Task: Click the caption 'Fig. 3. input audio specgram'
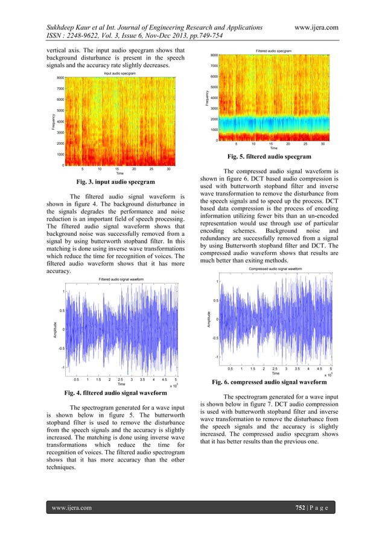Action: [114, 182]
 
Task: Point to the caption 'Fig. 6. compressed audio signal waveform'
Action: [272, 382]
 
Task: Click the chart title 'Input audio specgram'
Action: [119, 72]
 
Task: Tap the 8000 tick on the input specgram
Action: [60, 78]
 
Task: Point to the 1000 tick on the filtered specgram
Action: [214, 130]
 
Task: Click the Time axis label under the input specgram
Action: [119, 174]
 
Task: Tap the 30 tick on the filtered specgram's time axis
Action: [323, 144]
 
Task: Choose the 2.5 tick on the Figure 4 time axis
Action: [121, 379]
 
